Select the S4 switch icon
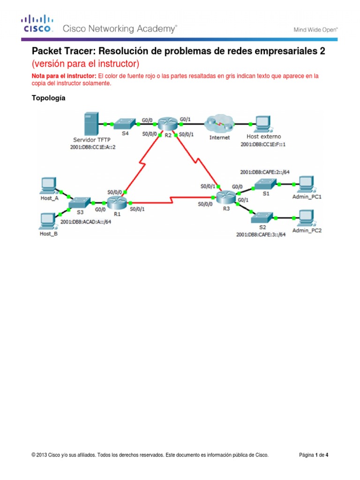click(x=125, y=124)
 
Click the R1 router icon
click(x=115, y=203)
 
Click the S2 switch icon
click(x=260, y=217)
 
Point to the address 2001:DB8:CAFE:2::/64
click(x=264, y=172)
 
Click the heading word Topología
click(x=48, y=98)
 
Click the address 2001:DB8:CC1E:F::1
click(x=263, y=144)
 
